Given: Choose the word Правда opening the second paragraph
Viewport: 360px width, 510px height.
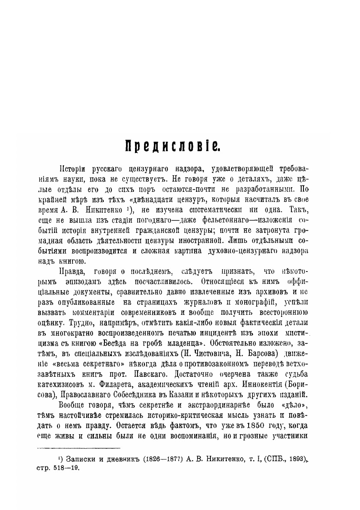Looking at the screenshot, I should pyautogui.click(x=69, y=272).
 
